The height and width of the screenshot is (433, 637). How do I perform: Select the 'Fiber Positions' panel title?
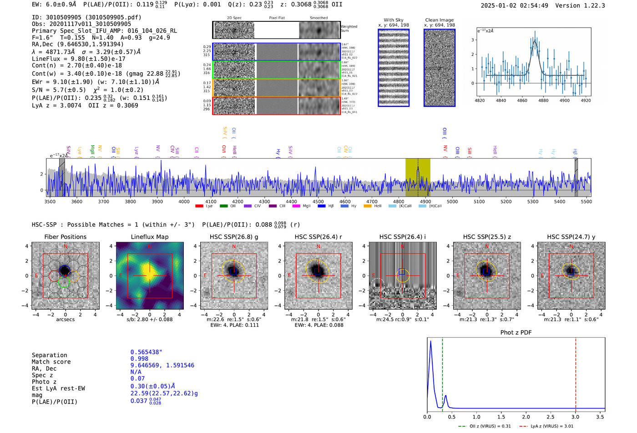pyautogui.click(x=65, y=237)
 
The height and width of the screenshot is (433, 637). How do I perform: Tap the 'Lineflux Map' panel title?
pyautogui.click(x=150, y=237)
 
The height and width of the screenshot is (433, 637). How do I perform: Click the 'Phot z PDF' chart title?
pyautogui.click(x=516, y=332)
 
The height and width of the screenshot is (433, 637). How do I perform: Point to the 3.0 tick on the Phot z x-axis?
pyautogui.click(x=576, y=417)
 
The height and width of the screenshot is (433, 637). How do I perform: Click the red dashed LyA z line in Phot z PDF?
pyautogui.click(x=576, y=373)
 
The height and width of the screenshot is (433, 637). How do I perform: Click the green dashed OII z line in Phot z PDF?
pyautogui.click(x=442, y=373)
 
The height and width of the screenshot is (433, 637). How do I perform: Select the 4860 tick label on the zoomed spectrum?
pyautogui.click(x=522, y=100)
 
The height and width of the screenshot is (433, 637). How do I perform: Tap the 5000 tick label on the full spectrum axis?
pyautogui.click(x=452, y=201)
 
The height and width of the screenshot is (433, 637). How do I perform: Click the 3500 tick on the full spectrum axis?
pyautogui.click(x=50, y=201)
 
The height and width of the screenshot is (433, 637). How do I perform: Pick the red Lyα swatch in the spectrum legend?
pyautogui.click(x=199, y=206)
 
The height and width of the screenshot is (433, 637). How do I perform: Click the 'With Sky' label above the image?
pyautogui.click(x=394, y=20)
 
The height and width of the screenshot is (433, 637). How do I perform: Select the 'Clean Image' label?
pyautogui.click(x=439, y=20)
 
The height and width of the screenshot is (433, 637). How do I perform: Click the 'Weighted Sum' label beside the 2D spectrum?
pyautogui.click(x=349, y=29)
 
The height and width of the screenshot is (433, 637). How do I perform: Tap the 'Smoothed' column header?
pyautogui.click(x=318, y=18)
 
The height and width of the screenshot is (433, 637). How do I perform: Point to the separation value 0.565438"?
pyautogui.click(x=146, y=352)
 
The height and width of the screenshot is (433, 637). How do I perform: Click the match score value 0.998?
pyautogui.click(x=139, y=358)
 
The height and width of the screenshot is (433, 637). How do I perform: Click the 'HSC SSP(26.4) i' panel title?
pyautogui.click(x=403, y=237)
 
